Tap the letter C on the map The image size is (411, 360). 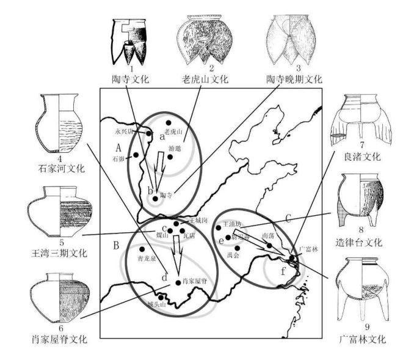pos(286,218)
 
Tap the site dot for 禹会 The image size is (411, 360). pos(237,247)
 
